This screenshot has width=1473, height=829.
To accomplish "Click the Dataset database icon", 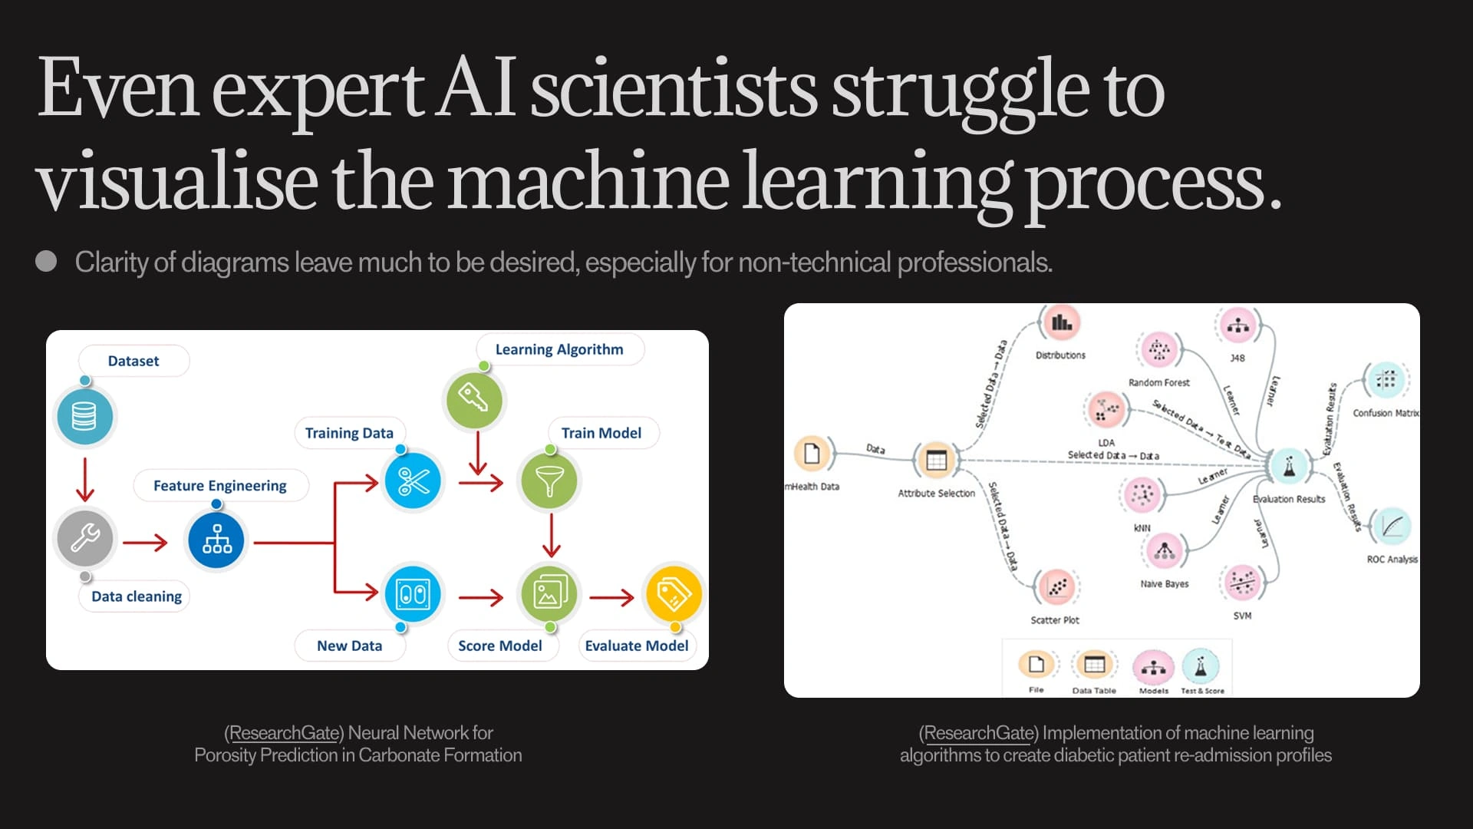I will (x=84, y=417).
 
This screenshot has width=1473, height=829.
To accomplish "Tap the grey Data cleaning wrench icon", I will (x=84, y=538).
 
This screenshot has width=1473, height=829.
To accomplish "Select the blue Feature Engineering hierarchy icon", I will (x=216, y=540).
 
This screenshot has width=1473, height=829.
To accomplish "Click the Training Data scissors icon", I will (x=414, y=482).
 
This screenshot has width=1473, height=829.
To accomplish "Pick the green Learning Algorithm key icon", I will (x=474, y=399).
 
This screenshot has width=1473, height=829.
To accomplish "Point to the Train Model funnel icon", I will (x=549, y=482).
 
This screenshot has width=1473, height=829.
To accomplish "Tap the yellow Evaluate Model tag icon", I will (x=674, y=593).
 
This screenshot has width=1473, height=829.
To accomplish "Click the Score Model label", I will (x=499, y=646).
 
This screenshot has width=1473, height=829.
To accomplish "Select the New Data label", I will (x=349, y=646).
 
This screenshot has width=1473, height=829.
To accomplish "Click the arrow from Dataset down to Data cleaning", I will (x=85, y=480).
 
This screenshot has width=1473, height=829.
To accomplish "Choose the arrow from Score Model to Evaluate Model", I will (x=612, y=596).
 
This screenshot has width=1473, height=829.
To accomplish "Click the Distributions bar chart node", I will (x=1061, y=323).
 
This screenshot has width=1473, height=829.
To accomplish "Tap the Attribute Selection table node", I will (x=936, y=461).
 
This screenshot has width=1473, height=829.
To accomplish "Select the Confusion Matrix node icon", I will (x=1386, y=380).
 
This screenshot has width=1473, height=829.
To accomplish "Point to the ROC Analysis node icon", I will (x=1391, y=527).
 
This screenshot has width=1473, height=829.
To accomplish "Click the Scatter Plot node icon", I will (x=1056, y=588).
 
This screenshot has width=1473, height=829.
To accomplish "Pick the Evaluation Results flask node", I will (x=1289, y=465).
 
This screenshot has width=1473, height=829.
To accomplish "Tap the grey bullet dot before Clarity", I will (x=46, y=262).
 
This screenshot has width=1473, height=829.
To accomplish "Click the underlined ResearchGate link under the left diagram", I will (x=284, y=733).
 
